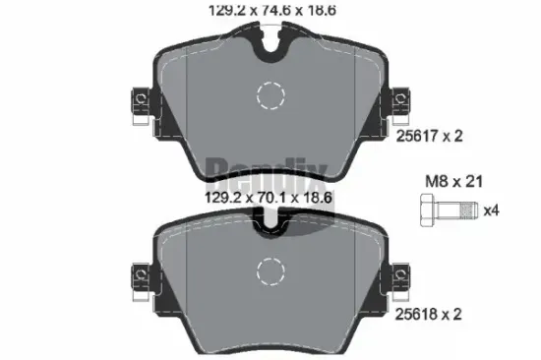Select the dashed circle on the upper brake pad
[269, 94]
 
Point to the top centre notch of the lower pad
[268, 225]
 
